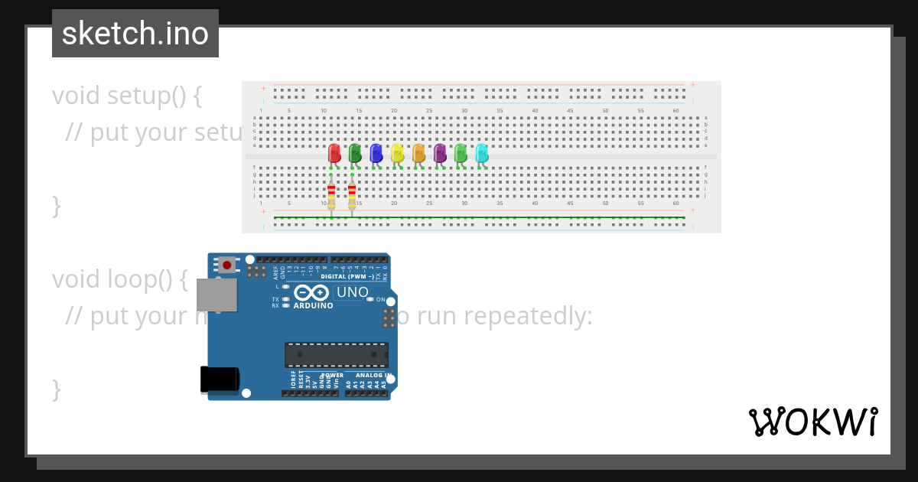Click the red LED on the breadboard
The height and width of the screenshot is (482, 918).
tap(334, 154)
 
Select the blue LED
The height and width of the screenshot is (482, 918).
tap(376, 154)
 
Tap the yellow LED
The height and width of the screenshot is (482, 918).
tap(397, 154)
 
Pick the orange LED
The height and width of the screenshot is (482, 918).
tap(418, 154)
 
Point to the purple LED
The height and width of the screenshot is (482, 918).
tap(439, 154)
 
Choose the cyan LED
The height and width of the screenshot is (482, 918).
tap(481, 154)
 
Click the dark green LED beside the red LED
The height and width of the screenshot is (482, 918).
tap(355, 154)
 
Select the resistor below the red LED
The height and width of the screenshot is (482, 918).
tap(331, 196)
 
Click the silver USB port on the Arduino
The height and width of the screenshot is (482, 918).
tap(216, 295)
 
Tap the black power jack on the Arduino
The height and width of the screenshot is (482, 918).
tap(219, 380)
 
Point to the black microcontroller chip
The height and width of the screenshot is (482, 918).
tap(337, 355)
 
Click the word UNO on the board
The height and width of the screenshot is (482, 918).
tap(353, 292)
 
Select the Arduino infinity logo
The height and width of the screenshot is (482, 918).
tap(311, 292)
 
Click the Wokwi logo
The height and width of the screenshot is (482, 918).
tap(812, 422)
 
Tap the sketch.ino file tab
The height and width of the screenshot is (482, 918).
tap(135, 34)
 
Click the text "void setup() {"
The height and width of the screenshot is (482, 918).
tap(127, 96)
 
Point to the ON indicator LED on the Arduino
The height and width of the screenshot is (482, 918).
tap(370, 299)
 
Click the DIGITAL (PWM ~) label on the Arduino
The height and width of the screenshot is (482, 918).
tap(347, 276)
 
